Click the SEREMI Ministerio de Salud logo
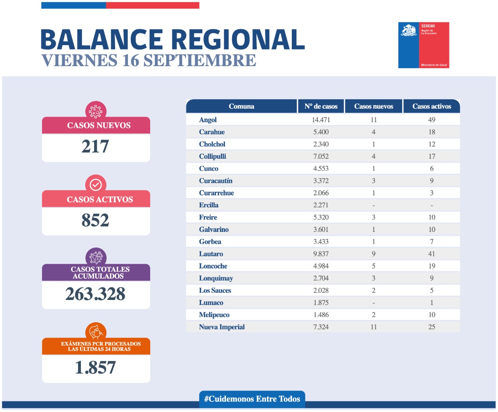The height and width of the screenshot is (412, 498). click(x=424, y=45)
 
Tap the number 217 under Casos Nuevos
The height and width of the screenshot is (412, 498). click(x=95, y=147)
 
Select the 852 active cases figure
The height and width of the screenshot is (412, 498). click(x=95, y=220)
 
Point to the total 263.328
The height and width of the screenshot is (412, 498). click(x=95, y=294)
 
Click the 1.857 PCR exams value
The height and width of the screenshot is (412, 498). click(x=95, y=368)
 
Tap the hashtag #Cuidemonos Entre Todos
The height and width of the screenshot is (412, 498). click(x=252, y=399)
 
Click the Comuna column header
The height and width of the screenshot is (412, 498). click(x=241, y=106)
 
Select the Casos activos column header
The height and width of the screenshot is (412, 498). click(x=431, y=106)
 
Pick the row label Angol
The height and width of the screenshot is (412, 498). click(x=208, y=120)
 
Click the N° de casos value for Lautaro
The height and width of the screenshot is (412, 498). click(x=321, y=254)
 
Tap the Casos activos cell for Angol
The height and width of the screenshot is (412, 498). click(x=431, y=120)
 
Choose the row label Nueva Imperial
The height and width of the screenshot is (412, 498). click(x=222, y=327)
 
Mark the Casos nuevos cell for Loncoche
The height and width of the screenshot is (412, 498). click(x=373, y=266)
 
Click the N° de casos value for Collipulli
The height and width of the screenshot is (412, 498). click(x=321, y=156)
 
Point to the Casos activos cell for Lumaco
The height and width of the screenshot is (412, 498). click(x=431, y=303)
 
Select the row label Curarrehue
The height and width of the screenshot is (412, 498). click(x=216, y=193)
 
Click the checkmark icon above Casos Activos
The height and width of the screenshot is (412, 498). click(x=96, y=184)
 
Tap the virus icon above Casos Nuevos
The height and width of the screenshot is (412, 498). click(x=96, y=111)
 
